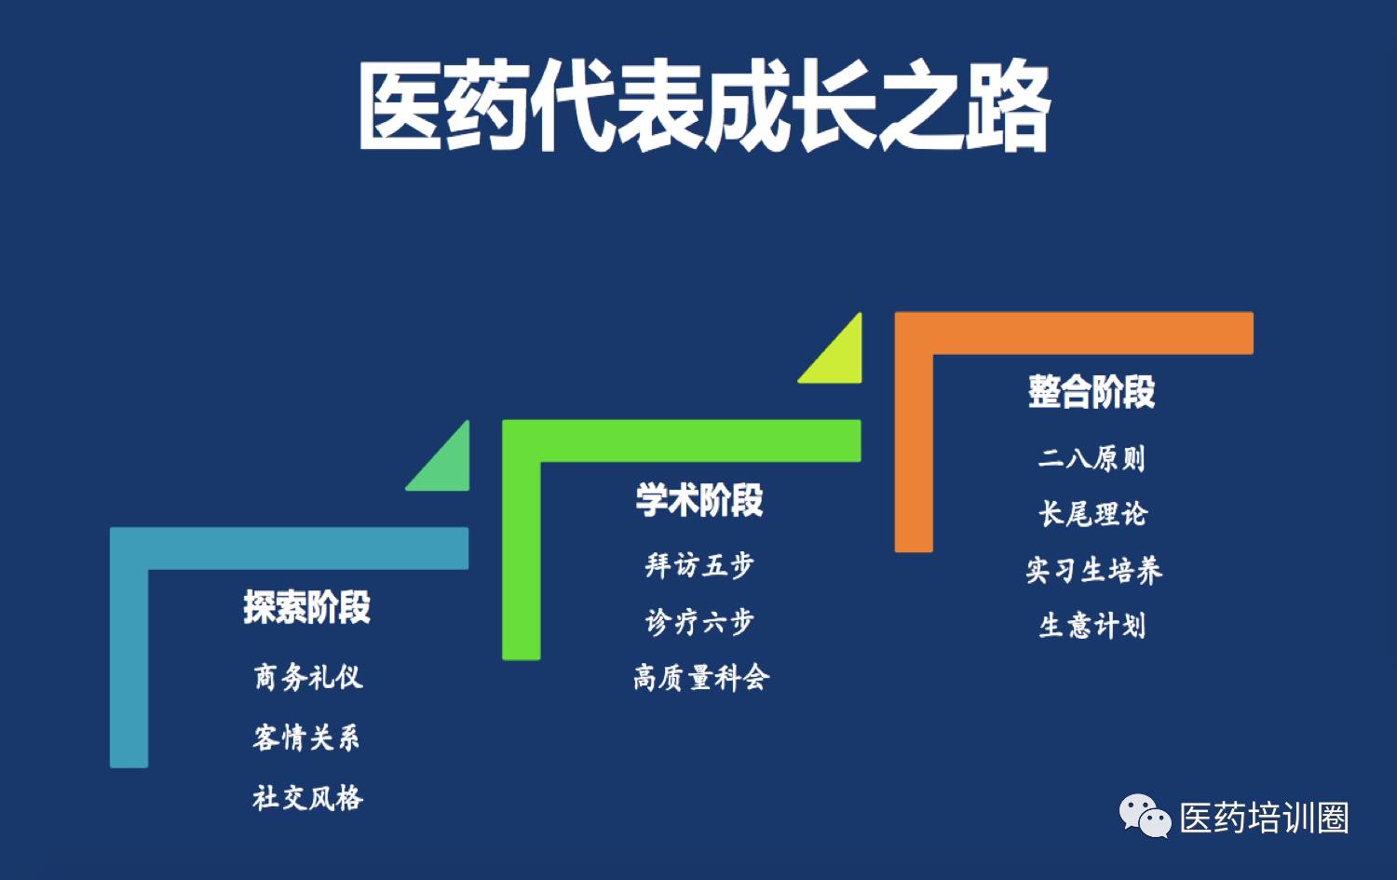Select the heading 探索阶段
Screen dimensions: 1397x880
tap(306, 607)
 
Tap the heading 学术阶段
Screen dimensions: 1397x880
tap(699, 499)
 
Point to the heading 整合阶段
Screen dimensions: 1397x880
tap(1092, 392)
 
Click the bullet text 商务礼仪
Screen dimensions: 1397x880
tap(308, 677)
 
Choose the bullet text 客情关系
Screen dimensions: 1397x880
tap(306, 738)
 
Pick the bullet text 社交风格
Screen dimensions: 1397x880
tap(307, 798)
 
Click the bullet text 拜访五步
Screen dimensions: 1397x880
tap(699, 565)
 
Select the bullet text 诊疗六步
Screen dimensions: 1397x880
tap(699, 622)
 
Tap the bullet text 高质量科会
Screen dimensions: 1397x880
tap(701, 677)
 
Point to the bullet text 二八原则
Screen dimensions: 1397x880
tap(1092, 458)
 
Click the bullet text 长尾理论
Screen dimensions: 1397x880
tap(1092, 514)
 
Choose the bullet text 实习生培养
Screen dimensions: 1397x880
tap(1094, 570)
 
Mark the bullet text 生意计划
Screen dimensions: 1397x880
tap(1092, 626)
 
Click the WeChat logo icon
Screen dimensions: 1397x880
tap(1145, 816)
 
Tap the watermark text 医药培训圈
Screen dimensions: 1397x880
tap(1264, 818)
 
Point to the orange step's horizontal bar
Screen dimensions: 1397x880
tap(1074, 333)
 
